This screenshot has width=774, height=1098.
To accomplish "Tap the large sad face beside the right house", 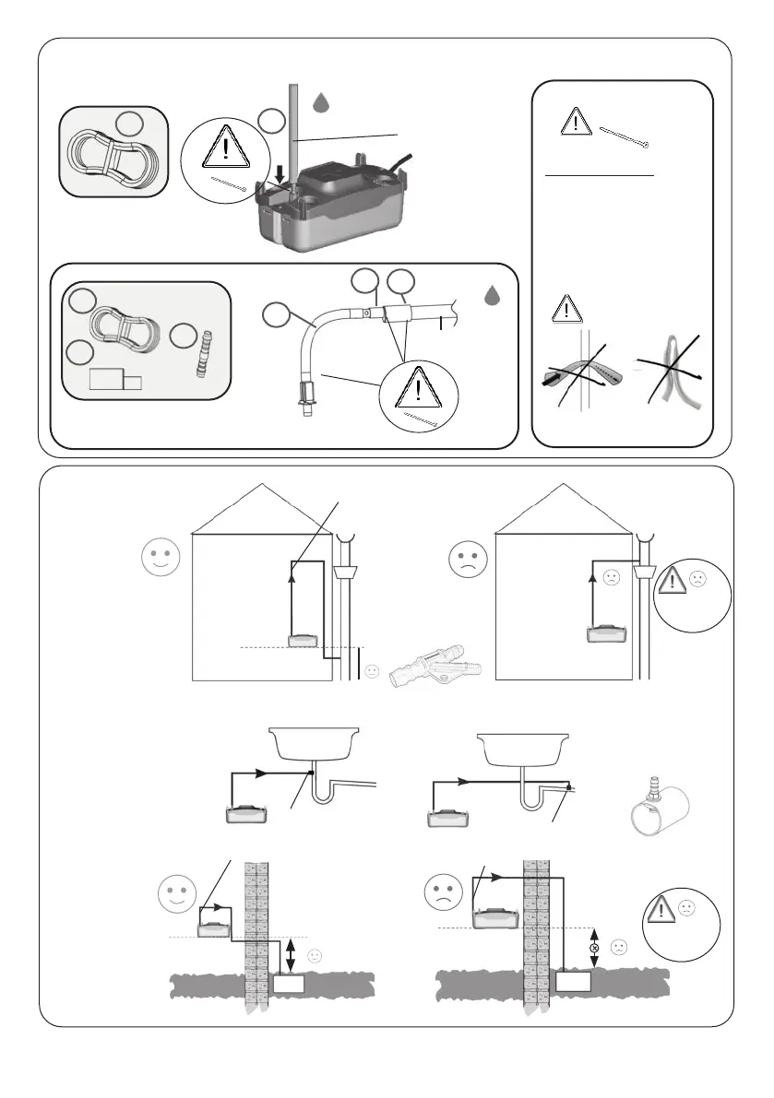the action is [x=466, y=561].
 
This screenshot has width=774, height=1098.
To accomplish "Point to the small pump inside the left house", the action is [x=302, y=640].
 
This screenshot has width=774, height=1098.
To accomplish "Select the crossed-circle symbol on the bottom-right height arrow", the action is [x=595, y=948].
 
